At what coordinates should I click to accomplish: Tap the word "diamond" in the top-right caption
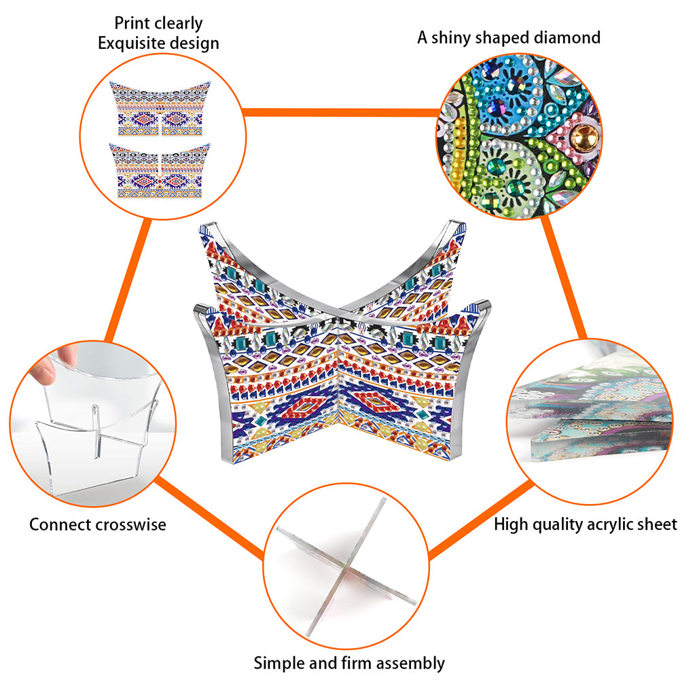click(x=567, y=38)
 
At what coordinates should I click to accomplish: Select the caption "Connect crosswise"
click(x=98, y=524)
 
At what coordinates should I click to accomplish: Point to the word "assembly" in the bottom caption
click(x=410, y=664)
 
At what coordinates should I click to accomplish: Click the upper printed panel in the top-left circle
click(x=160, y=109)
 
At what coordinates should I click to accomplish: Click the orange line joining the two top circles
click(x=341, y=113)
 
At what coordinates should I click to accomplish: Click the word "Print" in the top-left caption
click(x=130, y=23)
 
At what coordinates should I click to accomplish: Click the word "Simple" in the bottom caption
click(x=279, y=664)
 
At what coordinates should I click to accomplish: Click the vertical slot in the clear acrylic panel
click(x=96, y=431)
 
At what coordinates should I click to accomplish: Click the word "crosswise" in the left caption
click(x=131, y=524)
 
